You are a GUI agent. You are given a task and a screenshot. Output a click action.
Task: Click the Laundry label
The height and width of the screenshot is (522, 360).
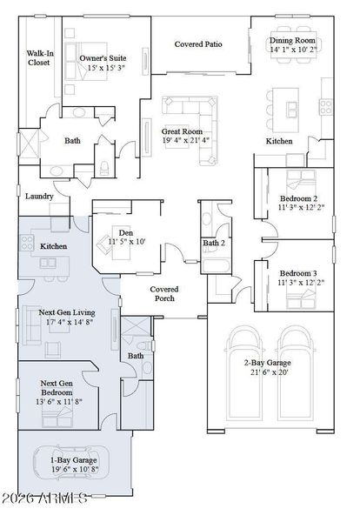click(40, 197)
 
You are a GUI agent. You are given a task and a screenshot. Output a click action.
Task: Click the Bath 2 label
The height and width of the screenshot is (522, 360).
click(215, 244)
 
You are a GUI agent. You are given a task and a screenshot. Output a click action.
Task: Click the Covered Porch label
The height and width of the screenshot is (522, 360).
click(163, 293)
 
